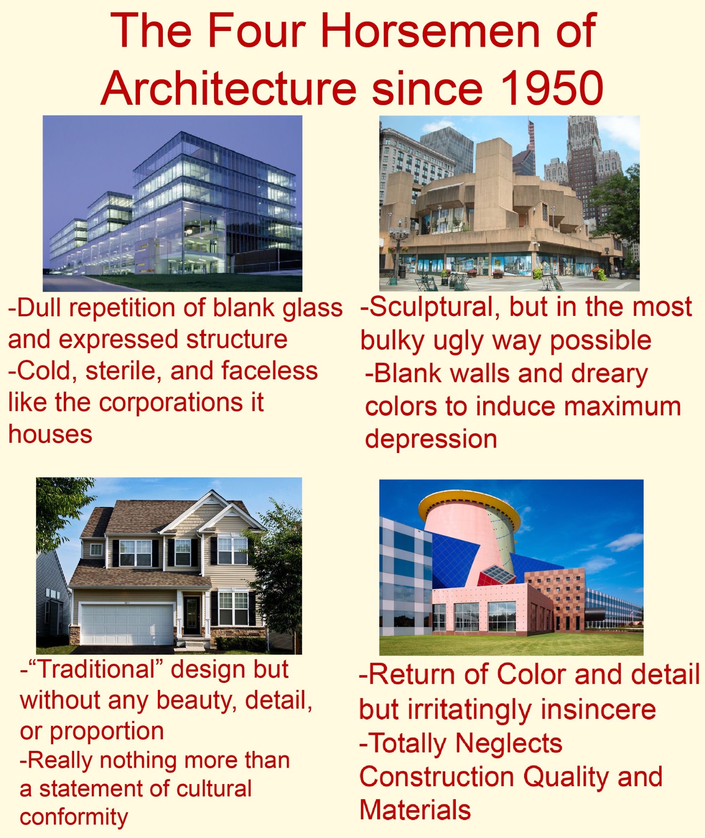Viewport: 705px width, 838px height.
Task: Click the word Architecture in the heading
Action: click(229, 88)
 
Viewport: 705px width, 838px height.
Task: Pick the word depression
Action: click(431, 439)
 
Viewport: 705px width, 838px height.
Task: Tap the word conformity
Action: click(74, 818)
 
